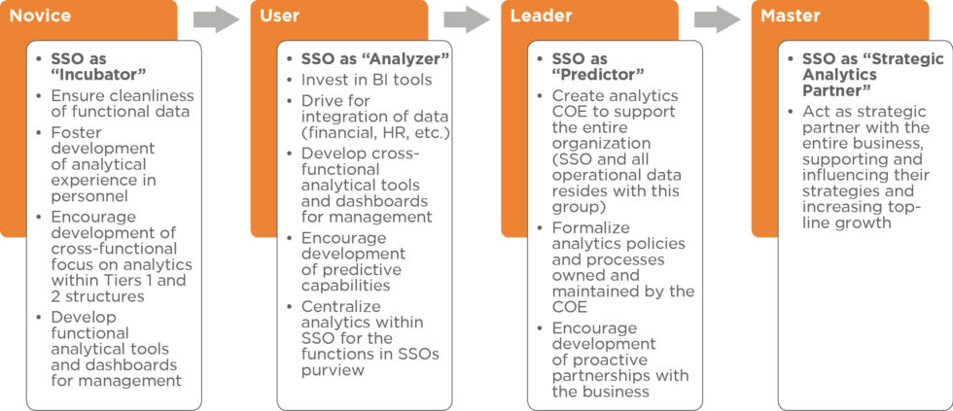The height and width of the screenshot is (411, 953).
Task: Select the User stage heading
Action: click(280, 16)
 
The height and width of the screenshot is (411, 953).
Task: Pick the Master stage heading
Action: click(791, 16)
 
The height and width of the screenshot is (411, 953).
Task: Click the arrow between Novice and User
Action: click(216, 19)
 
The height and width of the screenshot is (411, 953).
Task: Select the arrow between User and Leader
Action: click(467, 19)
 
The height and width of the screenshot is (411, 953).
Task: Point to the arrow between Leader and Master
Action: click(718, 19)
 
